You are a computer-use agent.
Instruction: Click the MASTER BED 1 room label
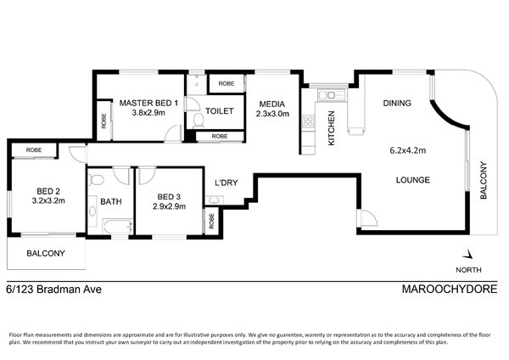tap(148, 103)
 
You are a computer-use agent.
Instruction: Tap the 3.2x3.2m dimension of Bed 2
tap(48, 200)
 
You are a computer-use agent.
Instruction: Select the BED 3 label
tap(169, 197)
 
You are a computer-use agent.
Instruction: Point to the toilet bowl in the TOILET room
tap(199, 121)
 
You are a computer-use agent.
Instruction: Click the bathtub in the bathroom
tap(118, 226)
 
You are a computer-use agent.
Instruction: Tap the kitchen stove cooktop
tap(308, 121)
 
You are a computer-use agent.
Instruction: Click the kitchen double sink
tap(327, 95)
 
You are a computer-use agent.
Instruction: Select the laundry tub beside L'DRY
tap(214, 200)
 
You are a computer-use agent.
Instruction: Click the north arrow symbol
tap(467, 254)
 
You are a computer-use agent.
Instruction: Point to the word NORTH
tap(468, 270)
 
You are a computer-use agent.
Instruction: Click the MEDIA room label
tap(272, 104)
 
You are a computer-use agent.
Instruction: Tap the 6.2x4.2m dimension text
tap(408, 150)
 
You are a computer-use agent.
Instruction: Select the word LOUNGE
tap(412, 180)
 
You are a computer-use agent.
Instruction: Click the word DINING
tap(397, 103)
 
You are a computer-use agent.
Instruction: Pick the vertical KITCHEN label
tap(331, 128)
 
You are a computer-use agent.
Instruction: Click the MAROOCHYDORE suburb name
tap(450, 289)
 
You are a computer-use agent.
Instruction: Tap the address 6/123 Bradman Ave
tap(54, 289)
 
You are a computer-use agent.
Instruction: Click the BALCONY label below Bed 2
tap(46, 253)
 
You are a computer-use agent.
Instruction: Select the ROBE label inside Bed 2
tap(34, 149)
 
